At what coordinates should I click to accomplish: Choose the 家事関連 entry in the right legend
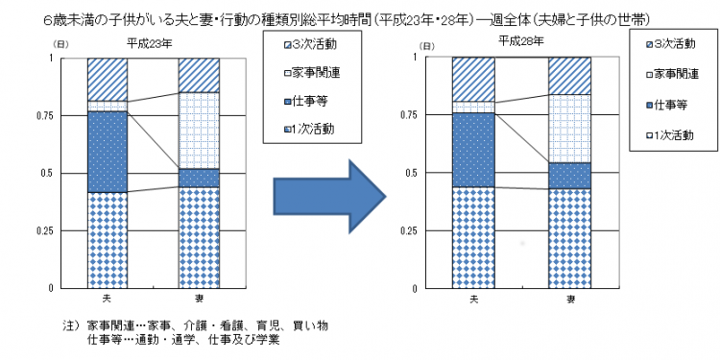click(672, 72)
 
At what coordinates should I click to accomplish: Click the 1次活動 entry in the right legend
click(672, 133)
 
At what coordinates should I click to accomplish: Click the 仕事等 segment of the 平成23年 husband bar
click(108, 152)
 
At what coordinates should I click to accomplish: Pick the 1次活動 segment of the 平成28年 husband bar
click(473, 236)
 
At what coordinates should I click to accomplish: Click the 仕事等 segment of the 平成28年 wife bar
click(569, 175)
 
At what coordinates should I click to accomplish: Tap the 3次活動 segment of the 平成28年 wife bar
click(569, 76)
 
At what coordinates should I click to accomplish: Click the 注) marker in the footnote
click(69, 325)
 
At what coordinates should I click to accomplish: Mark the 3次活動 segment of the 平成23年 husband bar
click(108, 79)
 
